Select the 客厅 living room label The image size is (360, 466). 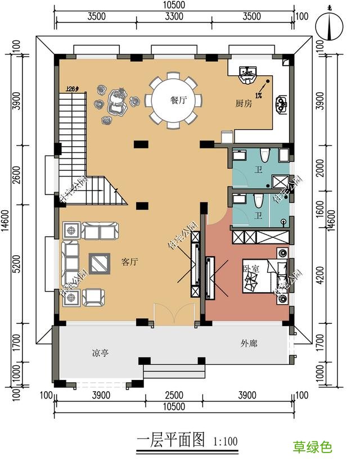pos(130,262)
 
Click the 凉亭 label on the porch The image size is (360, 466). pos(100,354)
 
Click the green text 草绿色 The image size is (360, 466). pos(312,447)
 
